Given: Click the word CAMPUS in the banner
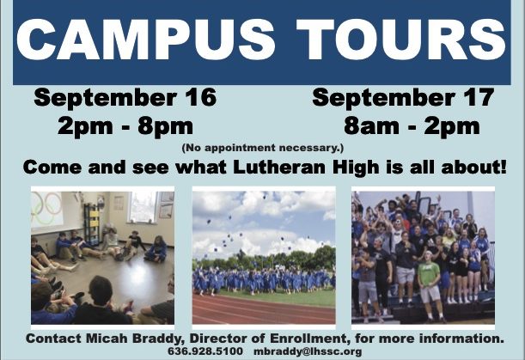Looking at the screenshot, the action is (146, 40).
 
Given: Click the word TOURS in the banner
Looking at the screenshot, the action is (400, 40).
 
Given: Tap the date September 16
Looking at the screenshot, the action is (125, 97).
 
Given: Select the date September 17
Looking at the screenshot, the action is (403, 97).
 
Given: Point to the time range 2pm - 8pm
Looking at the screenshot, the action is (125, 126).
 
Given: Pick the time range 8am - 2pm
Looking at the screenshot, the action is (412, 126).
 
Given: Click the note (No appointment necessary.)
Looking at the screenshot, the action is (263, 148).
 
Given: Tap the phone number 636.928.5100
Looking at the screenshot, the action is (205, 351).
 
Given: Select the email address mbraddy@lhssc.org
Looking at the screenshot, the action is (308, 351).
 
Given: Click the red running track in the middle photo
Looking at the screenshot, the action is (264, 309).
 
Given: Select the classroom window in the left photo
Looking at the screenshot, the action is (143, 207).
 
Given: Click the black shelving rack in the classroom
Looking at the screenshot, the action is (91, 223).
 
